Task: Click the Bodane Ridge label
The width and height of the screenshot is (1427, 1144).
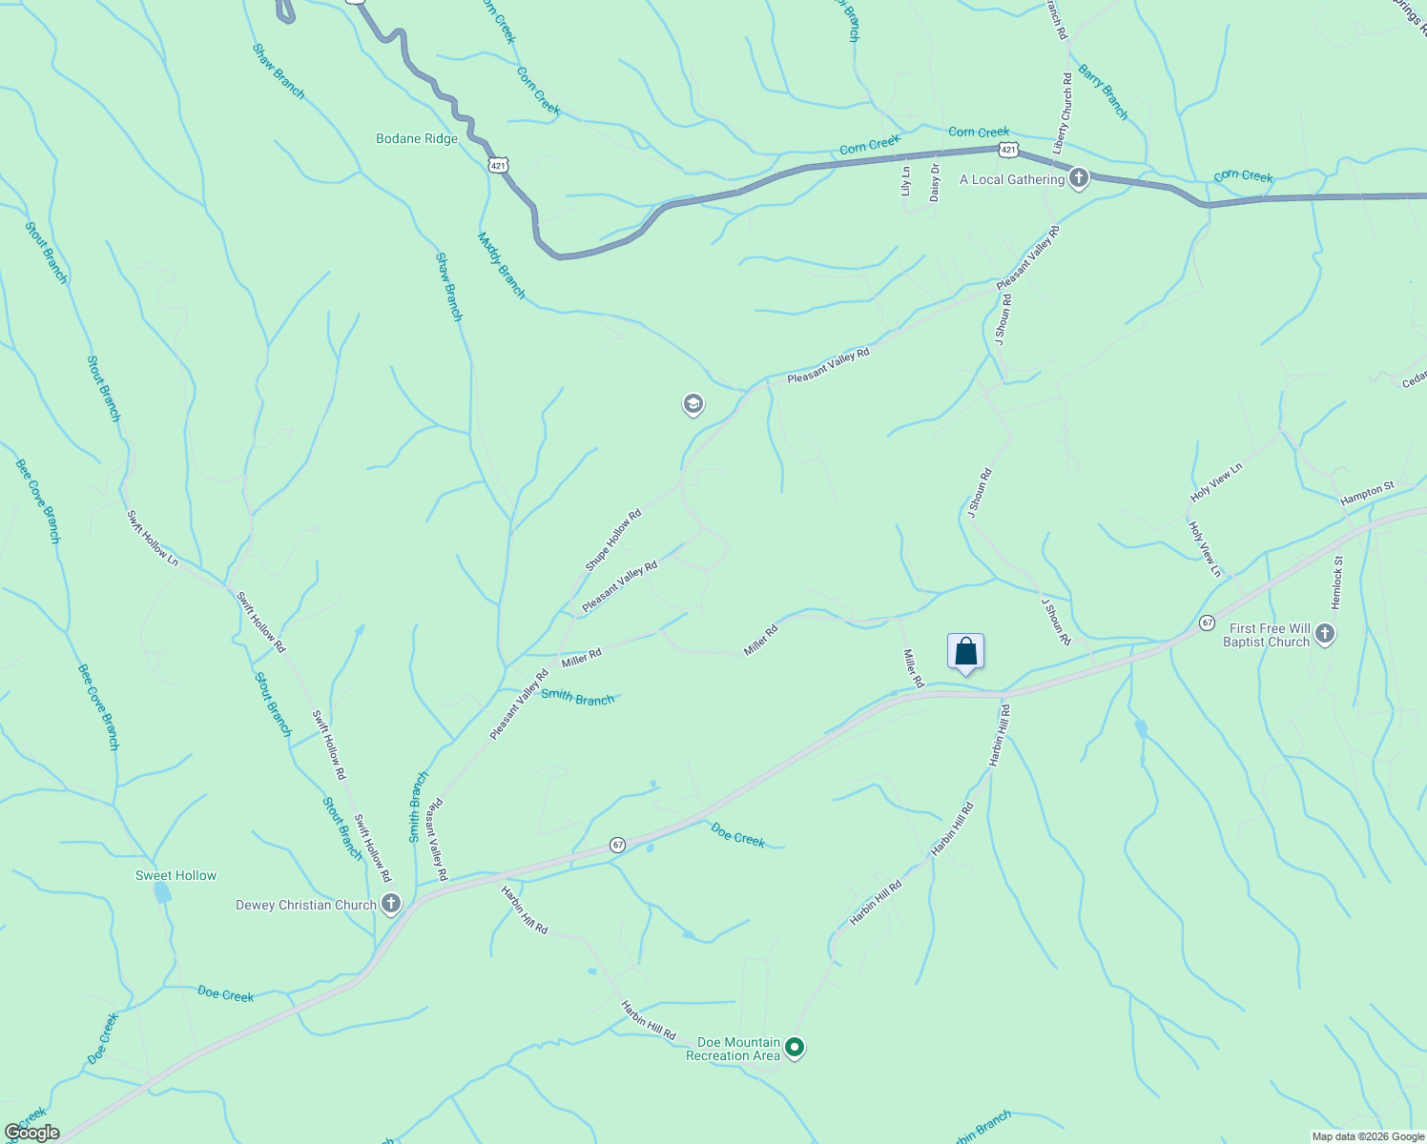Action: [x=417, y=138]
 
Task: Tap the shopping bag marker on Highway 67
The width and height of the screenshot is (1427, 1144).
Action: [x=965, y=653]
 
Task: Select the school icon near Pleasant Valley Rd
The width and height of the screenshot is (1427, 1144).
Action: [x=693, y=405]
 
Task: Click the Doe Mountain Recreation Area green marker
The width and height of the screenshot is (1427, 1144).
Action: [x=795, y=1049]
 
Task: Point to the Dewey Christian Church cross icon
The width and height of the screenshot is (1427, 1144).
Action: [x=390, y=904]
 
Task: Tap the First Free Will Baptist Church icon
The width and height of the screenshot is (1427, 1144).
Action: [x=1324, y=634]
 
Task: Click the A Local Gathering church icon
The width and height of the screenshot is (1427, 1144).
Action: [x=1079, y=178]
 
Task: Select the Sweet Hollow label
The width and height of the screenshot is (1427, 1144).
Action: [x=176, y=875]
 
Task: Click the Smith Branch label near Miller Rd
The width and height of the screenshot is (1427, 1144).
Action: [x=578, y=698]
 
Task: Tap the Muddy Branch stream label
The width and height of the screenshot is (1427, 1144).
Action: [x=502, y=266]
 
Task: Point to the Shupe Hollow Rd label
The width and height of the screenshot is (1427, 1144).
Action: [x=613, y=541]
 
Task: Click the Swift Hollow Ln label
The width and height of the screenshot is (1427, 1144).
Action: [x=153, y=536]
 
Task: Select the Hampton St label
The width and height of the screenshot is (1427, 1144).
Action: [x=1367, y=493]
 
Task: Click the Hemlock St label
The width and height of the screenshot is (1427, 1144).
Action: [x=1337, y=583]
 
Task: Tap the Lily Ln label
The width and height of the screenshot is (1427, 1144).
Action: [x=906, y=182]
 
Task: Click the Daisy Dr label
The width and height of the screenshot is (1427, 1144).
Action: [x=935, y=182]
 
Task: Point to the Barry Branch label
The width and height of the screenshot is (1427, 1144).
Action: [x=1104, y=92]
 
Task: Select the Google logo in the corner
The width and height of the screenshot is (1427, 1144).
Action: [x=31, y=1133]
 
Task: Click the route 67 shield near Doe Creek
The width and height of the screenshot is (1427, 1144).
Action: [x=618, y=845]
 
